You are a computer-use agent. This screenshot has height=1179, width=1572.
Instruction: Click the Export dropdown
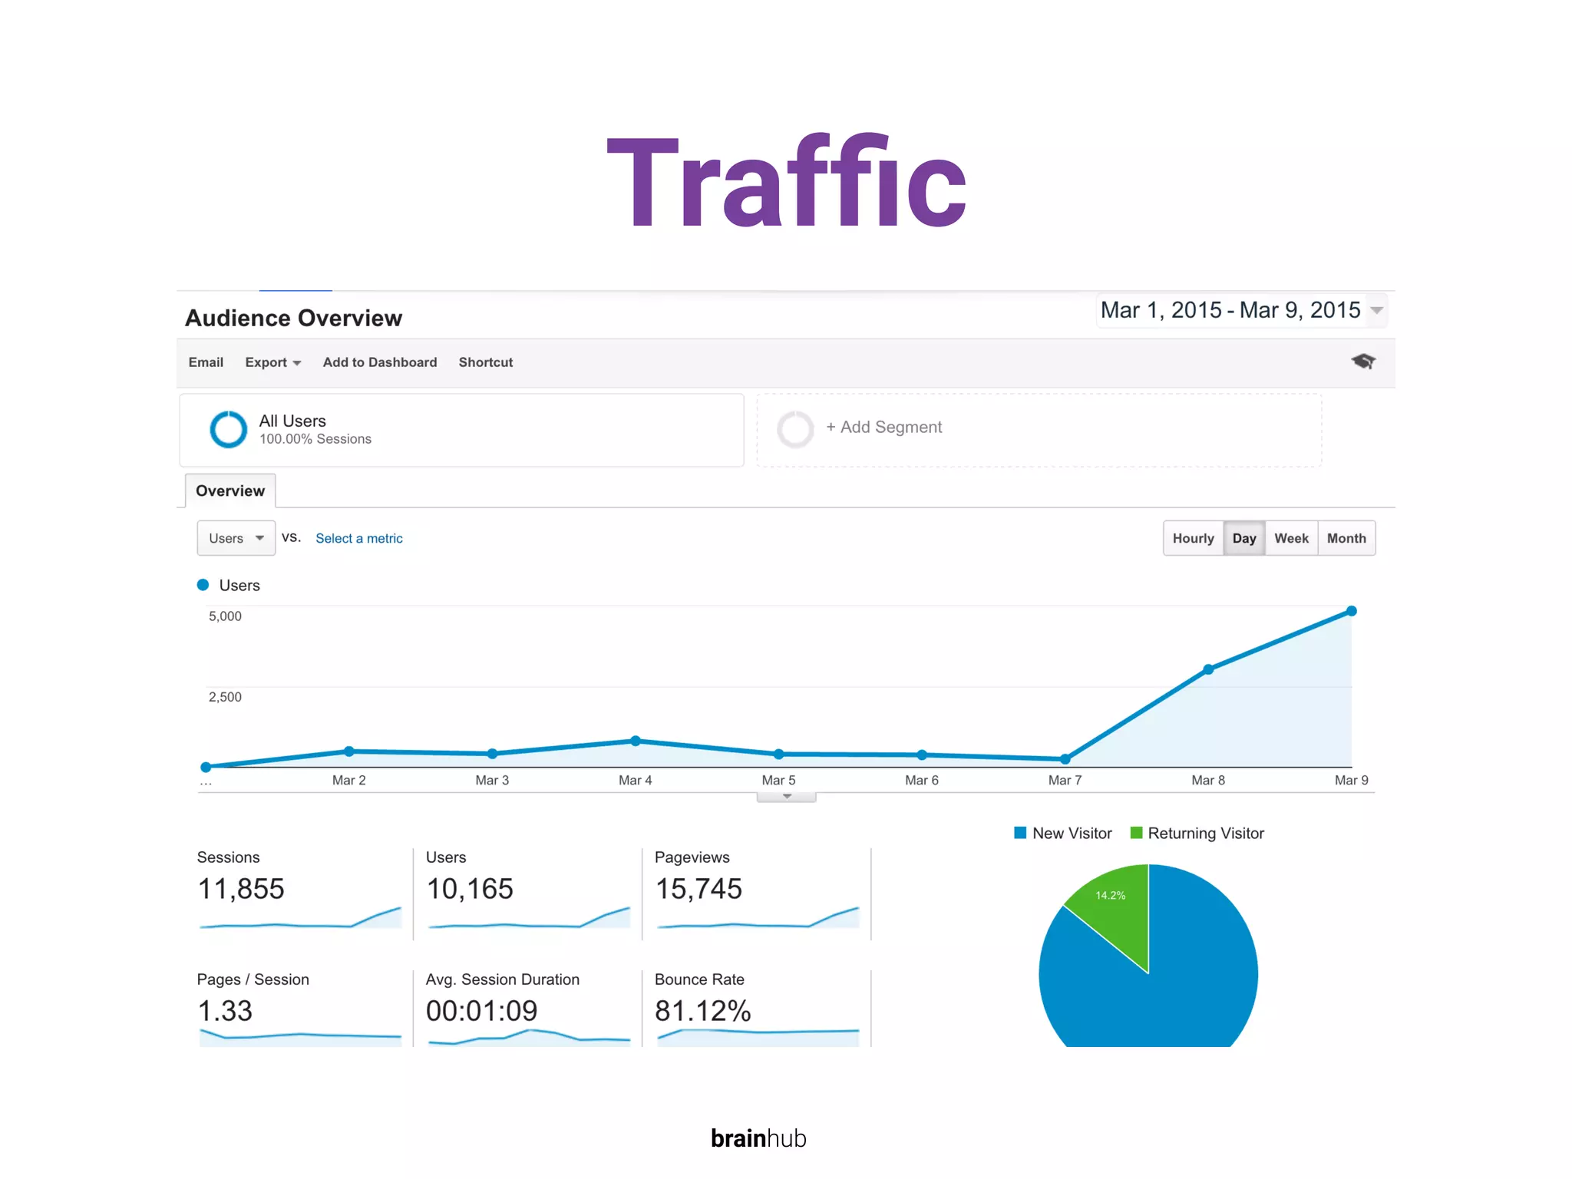point(272,362)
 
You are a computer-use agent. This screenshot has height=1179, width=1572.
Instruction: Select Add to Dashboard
point(379,362)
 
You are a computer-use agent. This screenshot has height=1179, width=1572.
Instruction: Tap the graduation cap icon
point(1363,361)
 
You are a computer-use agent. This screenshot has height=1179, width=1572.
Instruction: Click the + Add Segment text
point(883,427)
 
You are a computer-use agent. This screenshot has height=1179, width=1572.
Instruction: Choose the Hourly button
point(1193,538)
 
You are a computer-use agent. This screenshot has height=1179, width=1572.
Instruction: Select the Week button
point(1291,538)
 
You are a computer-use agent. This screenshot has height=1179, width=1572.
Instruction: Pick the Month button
point(1346,538)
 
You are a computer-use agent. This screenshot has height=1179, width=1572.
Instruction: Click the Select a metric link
point(358,538)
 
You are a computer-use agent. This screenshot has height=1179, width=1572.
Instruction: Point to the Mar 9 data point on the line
point(1352,611)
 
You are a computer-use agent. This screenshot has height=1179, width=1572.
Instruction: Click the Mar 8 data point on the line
point(1208,669)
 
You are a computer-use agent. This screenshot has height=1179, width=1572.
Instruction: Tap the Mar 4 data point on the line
point(636,741)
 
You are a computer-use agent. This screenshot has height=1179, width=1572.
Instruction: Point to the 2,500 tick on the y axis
point(225,697)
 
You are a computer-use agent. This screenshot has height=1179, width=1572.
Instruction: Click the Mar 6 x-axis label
point(921,780)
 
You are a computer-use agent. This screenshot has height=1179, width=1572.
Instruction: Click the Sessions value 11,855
point(241,889)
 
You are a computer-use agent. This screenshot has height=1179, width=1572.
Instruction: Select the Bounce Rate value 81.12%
point(702,1011)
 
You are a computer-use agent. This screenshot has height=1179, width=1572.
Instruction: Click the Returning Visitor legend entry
point(1197,834)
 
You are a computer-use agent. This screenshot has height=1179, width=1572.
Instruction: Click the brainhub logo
point(758,1138)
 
